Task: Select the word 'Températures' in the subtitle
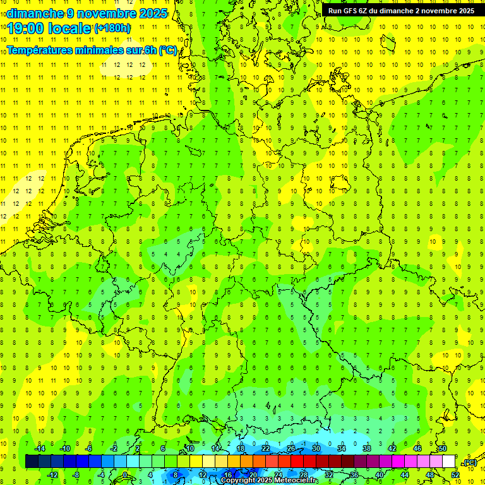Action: tap(39, 51)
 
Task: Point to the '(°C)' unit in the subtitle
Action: tap(168, 51)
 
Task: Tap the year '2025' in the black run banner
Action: tap(463, 11)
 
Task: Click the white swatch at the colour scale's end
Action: tap(448, 462)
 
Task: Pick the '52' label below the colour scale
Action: tap(455, 475)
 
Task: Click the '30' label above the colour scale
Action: tap(316, 448)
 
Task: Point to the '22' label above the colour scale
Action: tap(265, 448)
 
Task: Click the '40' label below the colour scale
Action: tap(379, 475)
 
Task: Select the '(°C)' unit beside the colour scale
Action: tap(470, 463)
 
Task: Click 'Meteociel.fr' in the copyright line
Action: tap(296, 481)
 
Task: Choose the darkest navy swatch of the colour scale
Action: tap(32, 462)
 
